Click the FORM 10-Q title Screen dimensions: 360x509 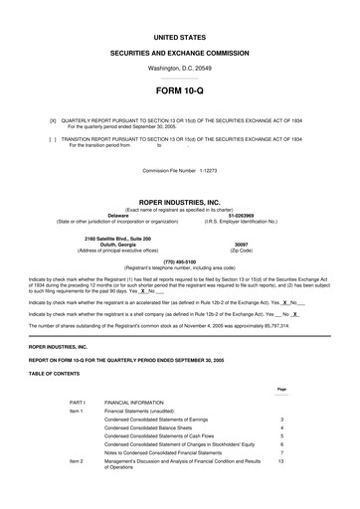point(179,90)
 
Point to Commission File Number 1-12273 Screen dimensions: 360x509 point(179,170)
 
